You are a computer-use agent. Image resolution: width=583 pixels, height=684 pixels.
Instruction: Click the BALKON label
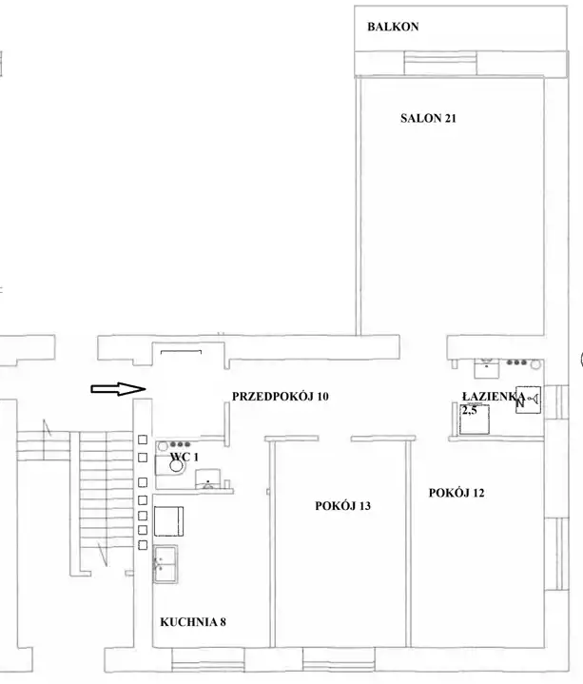[x=393, y=27]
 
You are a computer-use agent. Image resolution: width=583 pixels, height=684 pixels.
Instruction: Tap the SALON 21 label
[x=428, y=118]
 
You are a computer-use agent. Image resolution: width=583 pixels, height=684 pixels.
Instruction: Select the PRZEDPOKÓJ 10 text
[x=280, y=397]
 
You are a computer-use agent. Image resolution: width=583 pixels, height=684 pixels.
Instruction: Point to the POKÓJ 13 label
[x=342, y=506]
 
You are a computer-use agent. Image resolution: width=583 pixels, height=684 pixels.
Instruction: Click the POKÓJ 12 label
[x=457, y=493]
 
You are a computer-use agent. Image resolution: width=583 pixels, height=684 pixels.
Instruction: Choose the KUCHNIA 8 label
[x=193, y=622]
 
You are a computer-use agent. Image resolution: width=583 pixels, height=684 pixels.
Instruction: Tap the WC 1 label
[x=184, y=457]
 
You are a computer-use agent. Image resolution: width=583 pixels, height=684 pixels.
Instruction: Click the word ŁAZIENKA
[x=494, y=397]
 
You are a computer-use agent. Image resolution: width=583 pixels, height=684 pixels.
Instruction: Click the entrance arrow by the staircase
[x=118, y=389]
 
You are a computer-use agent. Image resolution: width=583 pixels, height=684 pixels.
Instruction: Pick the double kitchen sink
[x=165, y=563]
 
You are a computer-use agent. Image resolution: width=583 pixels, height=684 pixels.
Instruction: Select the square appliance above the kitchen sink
[x=168, y=521]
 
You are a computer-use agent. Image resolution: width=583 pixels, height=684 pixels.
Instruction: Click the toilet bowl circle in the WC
[x=176, y=466]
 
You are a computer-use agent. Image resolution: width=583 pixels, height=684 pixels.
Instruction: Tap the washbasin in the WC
[x=207, y=479]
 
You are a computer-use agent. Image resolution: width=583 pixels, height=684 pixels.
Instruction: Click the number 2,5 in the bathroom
[x=470, y=410]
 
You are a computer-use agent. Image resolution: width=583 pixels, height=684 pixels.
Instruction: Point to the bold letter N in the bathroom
[x=520, y=403]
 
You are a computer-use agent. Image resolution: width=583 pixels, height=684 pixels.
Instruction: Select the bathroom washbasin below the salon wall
[x=487, y=368]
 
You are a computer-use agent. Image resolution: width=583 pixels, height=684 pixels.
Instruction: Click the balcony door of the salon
[x=440, y=63]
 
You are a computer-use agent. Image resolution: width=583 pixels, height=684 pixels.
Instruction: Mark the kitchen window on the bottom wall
[x=207, y=659]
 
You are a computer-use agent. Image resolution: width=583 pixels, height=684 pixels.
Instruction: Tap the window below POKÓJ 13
[x=339, y=659]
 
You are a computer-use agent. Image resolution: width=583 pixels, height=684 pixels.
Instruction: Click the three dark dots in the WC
[x=181, y=444]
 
